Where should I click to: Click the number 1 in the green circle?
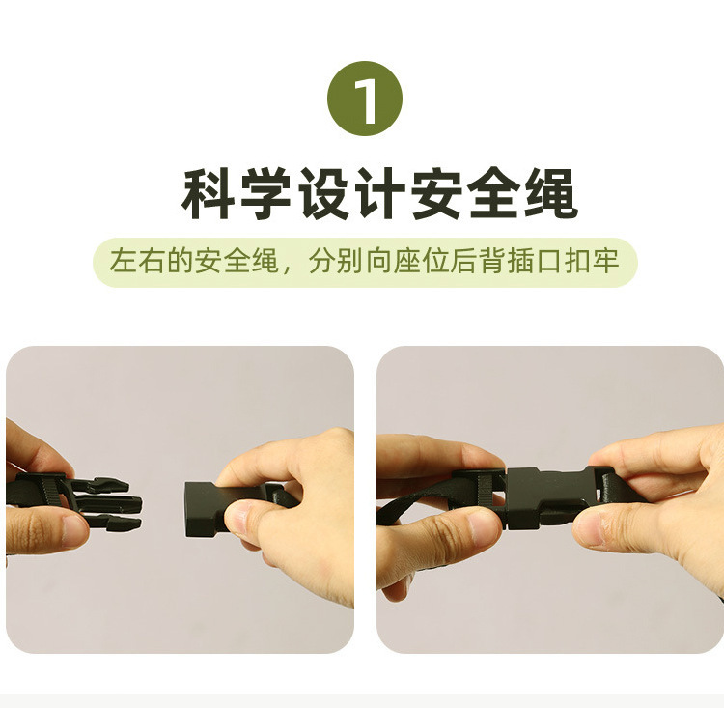(365, 99)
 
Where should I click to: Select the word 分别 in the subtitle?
(333, 262)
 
